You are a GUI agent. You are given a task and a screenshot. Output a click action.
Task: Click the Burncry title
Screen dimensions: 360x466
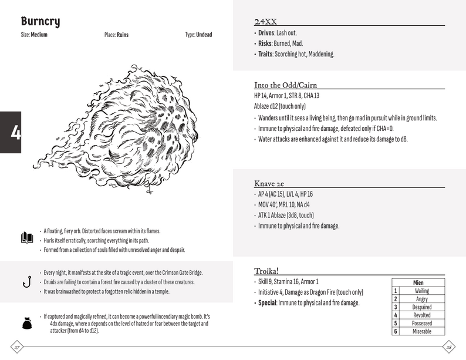(40, 22)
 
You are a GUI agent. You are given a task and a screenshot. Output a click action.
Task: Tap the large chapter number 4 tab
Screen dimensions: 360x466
(11, 132)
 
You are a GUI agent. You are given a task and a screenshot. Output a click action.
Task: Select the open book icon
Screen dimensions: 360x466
(26, 237)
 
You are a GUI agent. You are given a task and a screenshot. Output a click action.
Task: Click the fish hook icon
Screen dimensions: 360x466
(26, 281)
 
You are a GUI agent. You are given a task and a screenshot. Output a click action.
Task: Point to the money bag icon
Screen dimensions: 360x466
(26, 323)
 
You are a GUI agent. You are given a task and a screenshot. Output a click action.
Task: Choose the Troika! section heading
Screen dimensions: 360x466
(266, 271)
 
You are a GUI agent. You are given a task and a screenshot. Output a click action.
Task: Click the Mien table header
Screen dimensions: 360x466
(418, 282)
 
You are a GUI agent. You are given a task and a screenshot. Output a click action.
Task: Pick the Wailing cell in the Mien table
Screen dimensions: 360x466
(421, 291)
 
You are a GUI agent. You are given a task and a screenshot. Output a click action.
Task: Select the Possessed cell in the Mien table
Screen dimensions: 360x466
(421, 324)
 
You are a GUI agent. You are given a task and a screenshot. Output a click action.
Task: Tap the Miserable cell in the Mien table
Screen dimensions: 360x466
(421, 332)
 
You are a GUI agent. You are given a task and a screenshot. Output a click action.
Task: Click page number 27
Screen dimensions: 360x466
(17, 346)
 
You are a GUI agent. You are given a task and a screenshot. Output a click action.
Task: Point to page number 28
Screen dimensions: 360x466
(449, 346)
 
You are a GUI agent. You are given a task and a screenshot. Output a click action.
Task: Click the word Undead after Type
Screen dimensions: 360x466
(204, 35)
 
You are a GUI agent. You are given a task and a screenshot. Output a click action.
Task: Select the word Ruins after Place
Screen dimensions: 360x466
(123, 35)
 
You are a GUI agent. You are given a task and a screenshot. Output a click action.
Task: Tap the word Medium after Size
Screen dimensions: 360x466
(39, 35)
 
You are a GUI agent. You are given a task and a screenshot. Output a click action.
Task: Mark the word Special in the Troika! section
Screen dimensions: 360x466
(268, 303)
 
